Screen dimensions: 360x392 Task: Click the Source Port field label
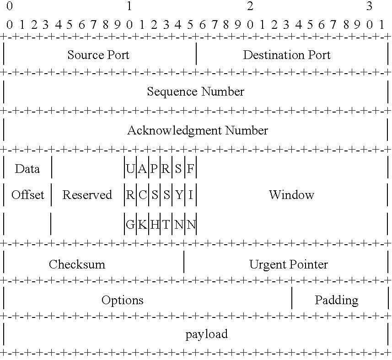click(98, 55)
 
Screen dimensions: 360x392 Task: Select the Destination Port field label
click(286, 55)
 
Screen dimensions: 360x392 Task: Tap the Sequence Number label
click(195, 92)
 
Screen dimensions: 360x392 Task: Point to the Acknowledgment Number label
click(197, 131)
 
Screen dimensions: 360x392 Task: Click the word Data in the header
click(27, 169)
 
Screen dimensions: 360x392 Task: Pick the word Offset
click(28, 195)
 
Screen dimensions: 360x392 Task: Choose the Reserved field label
click(87, 195)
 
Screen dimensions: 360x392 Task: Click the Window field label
click(291, 195)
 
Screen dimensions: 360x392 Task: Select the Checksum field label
click(77, 264)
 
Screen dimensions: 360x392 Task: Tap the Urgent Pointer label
click(288, 264)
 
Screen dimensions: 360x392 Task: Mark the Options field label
click(122, 301)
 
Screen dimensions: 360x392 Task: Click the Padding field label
click(336, 301)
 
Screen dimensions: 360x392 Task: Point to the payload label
click(206, 334)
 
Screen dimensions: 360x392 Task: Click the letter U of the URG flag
click(130, 169)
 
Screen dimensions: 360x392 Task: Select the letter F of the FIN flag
click(191, 169)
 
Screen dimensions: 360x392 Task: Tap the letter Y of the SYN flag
click(179, 195)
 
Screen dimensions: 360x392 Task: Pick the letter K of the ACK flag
click(142, 225)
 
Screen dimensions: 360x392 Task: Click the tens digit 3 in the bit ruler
click(369, 6)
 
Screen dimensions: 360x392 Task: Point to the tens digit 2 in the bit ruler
click(250, 6)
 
